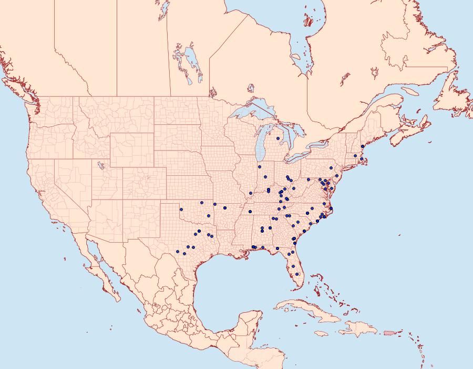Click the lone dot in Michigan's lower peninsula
point(277,138)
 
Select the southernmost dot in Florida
point(297,274)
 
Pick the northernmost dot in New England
point(363,146)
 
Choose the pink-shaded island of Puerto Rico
point(389,332)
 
